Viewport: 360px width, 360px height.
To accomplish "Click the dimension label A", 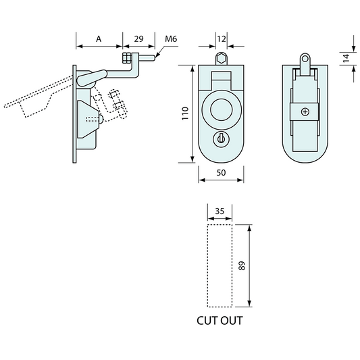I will [x=99, y=39].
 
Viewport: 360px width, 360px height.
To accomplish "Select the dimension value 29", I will [x=139, y=39].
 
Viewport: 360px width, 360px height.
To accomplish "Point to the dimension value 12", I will [x=221, y=39].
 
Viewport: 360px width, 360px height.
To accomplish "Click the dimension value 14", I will [x=346, y=59].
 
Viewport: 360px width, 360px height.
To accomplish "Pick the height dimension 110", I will [x=186, y=114].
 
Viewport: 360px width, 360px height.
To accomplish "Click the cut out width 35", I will [x=220, y=211].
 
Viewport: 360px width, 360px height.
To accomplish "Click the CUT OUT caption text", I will [x=220, y=321].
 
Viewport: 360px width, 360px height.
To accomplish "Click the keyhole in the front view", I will [x=221, y=138].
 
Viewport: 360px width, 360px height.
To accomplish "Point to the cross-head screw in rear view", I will [x=305, y=112].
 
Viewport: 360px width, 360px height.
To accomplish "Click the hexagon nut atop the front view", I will [x=221, y=59].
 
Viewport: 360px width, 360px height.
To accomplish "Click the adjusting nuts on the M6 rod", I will [x=127, y=59].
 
